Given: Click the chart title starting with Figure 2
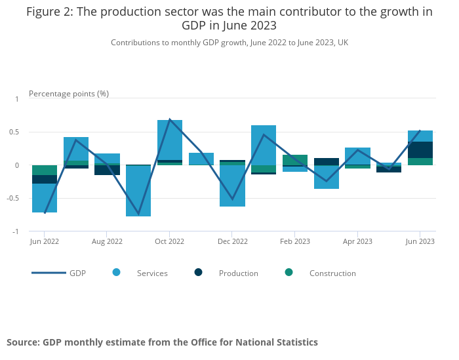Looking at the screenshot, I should click(x=229, y=18).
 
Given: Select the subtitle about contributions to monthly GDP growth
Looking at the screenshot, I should click(x=229, y=43).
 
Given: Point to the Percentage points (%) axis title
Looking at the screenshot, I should click(x=69, y=94).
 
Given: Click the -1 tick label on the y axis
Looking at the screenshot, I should click(x=16, y=231).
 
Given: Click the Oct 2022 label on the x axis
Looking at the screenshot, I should click(x=169, y=241).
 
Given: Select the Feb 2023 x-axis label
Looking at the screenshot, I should click(x=294, y=241).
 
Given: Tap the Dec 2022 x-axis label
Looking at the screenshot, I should click(x=232, y=241).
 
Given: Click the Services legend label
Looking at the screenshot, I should click(x=152, y=273).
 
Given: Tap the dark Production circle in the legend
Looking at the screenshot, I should click(x=199, y=273).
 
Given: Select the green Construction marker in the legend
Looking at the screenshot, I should click(x=289, y=273).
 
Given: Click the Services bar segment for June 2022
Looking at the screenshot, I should click(x=45, y=198).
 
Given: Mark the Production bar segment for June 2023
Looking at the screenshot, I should click(x=420, y=150).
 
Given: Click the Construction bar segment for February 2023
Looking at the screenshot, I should click(x=294, y=159).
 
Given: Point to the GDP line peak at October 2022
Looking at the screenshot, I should click(x=170, y=119).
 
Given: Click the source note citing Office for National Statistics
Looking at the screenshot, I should click(x=162, y=342).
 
